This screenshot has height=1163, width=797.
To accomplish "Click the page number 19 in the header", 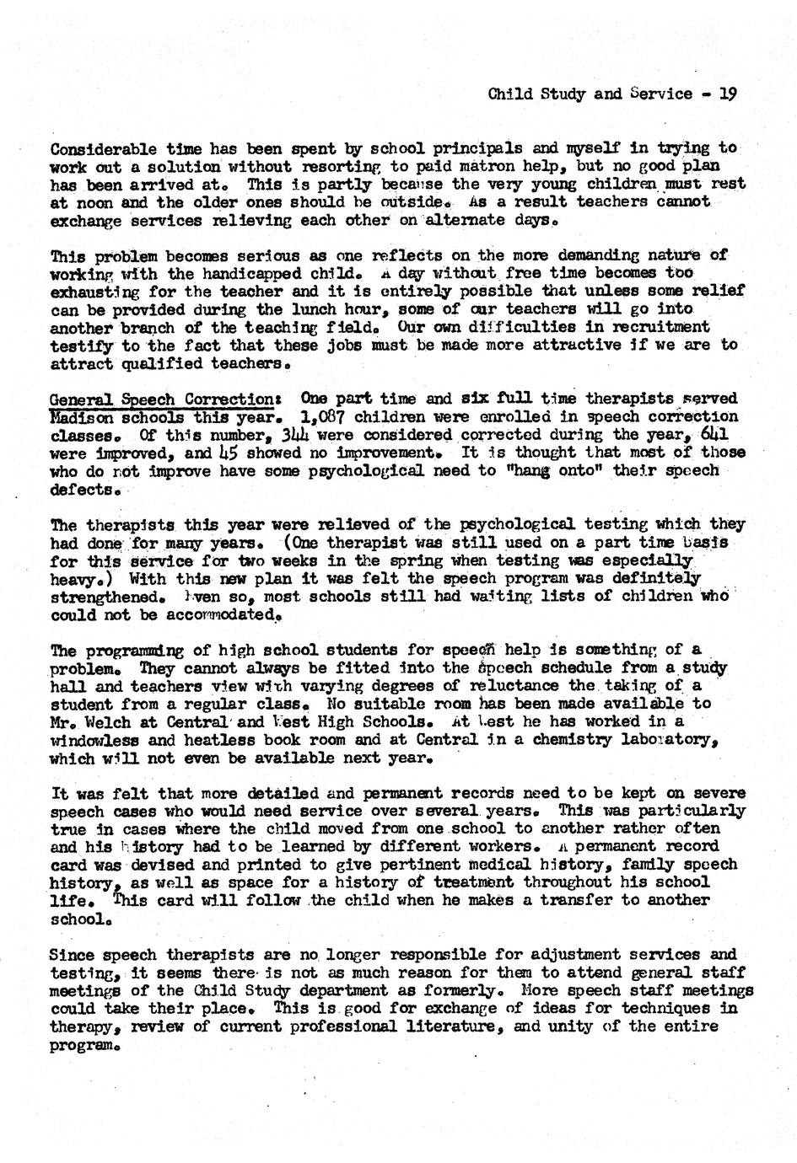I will [x=728, y=94].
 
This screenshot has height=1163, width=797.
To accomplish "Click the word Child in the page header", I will [x=509, y=94].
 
